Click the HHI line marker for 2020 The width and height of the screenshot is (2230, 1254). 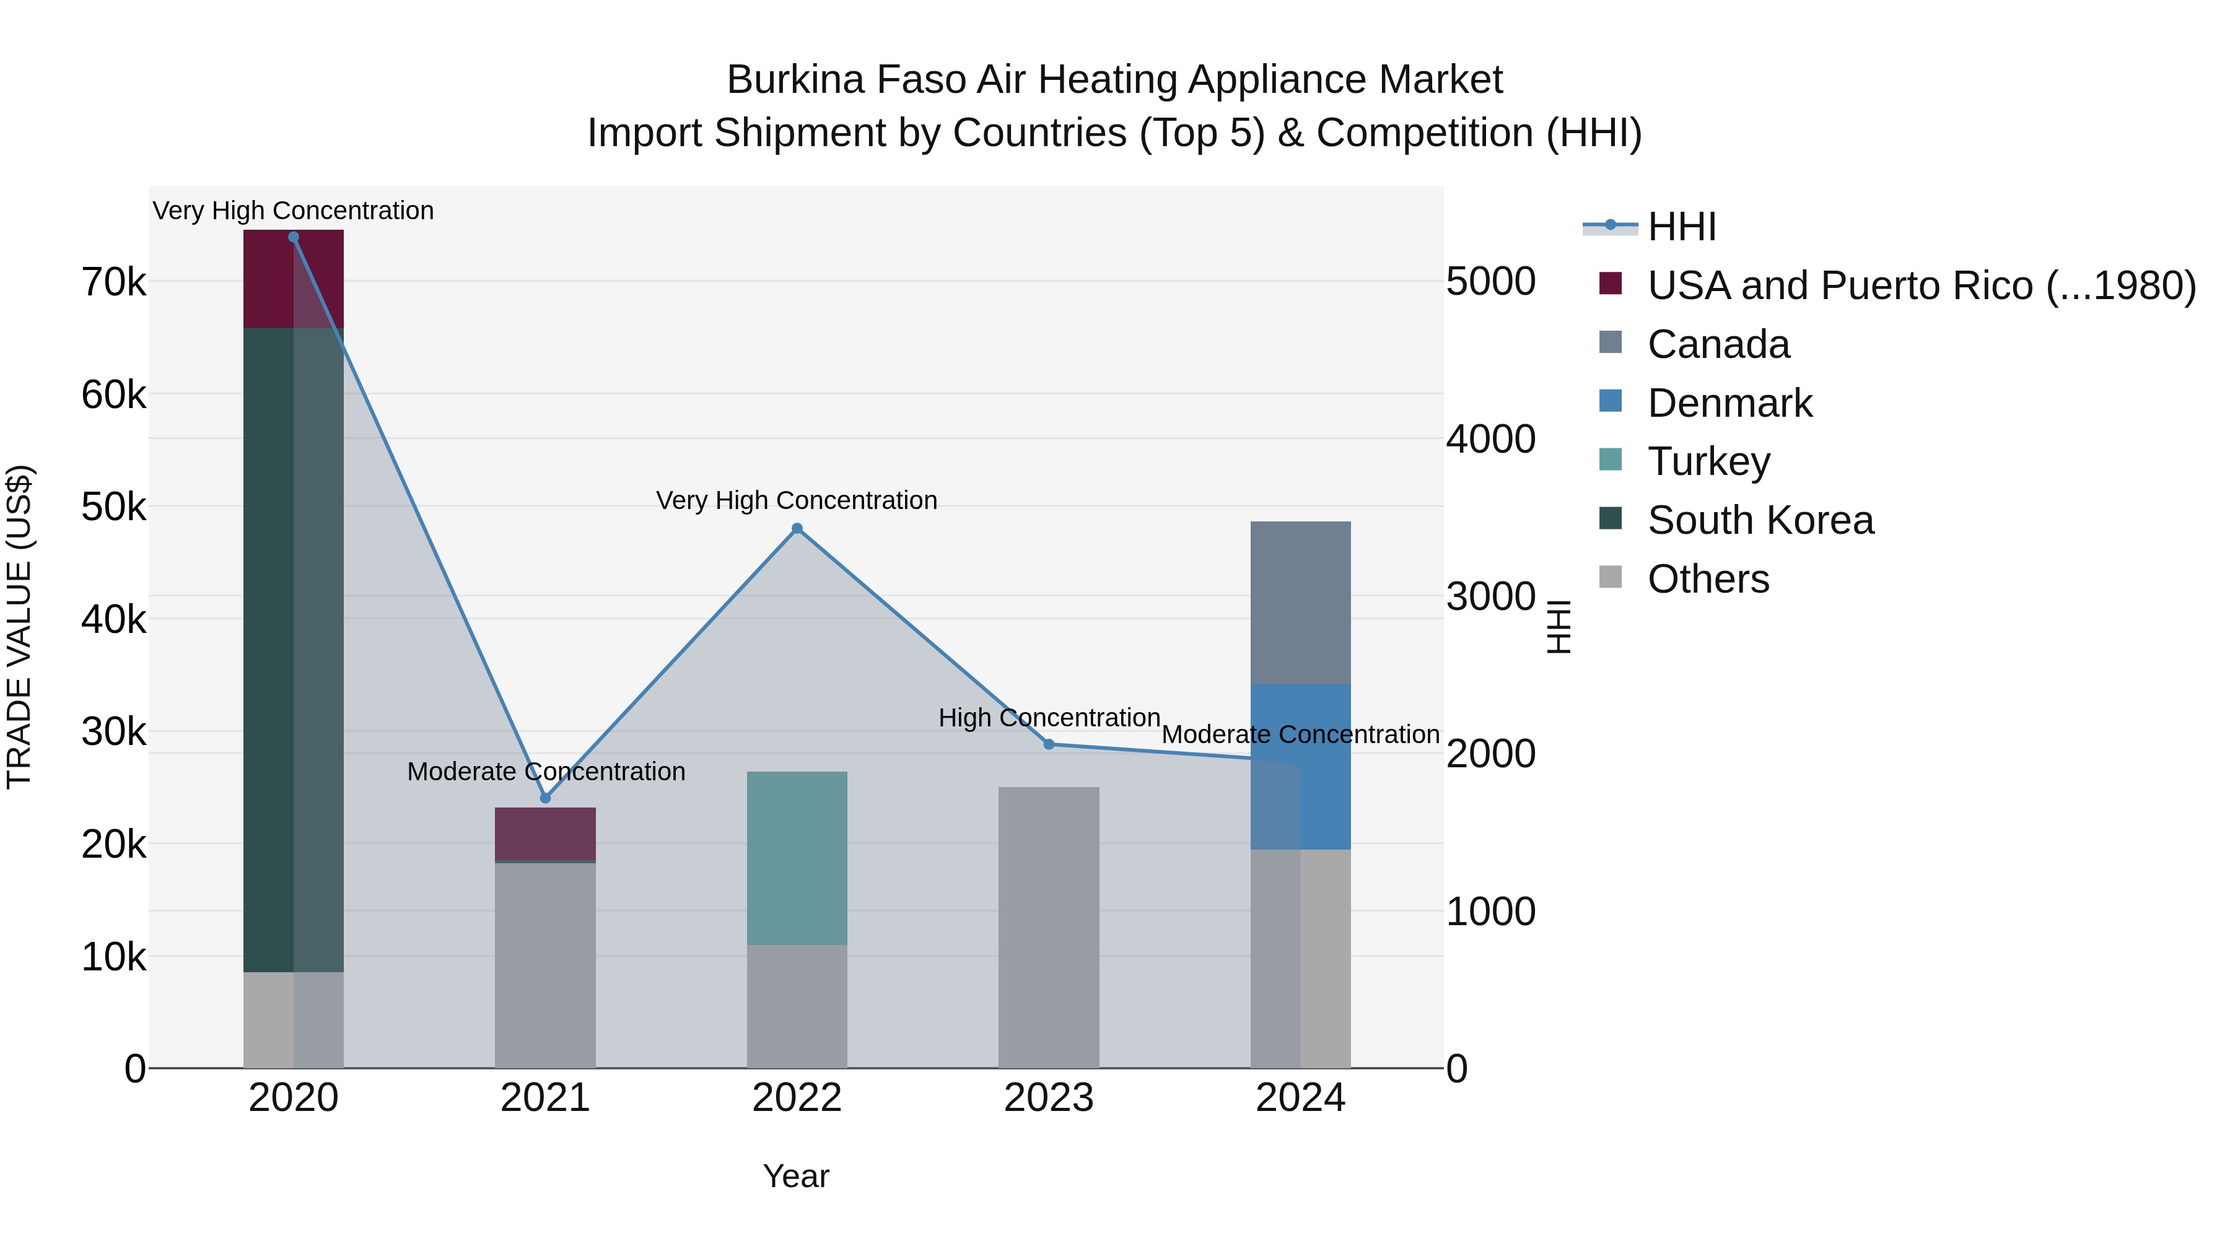point(294,237)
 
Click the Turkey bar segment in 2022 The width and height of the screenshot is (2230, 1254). point(797,857)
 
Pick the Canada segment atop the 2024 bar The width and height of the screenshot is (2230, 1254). point(1300,603)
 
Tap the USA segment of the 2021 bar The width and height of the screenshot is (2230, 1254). point(545,834)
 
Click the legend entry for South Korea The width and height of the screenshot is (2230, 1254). point(1760,520)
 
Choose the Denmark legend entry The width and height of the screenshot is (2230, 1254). point(1729,403)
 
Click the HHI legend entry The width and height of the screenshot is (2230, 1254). point(1681,227)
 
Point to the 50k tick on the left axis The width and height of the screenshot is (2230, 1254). point(114,507)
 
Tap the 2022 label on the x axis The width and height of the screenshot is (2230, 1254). point(797,1098)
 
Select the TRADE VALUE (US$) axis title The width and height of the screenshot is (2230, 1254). point(19,627)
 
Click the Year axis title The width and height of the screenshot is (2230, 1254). point(797,1176)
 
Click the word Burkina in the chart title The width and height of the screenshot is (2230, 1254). point(795,80)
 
